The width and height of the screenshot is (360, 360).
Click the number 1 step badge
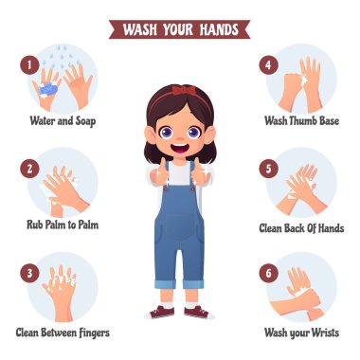[29, 64]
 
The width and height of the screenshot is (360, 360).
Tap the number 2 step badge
[29, 169]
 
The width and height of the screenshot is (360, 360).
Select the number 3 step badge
[29, 273]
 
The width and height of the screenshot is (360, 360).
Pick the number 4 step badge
[268, 64]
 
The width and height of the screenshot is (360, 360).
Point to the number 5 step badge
[268, 169]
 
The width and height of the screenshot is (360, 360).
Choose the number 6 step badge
[268, 273]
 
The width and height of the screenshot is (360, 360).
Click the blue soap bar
[48, 89]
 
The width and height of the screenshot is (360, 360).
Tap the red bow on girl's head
[184, 90]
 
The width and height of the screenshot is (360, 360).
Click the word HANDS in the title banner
[219, 29]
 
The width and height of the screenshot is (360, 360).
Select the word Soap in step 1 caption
[85, 121]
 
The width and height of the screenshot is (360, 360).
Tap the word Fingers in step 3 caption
[95, 333]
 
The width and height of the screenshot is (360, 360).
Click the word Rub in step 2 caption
[34, 225]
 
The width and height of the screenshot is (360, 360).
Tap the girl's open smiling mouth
[180, 148]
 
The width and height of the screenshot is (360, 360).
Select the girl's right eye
[166, 132]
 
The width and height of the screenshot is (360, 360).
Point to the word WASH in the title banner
[140, 29]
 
